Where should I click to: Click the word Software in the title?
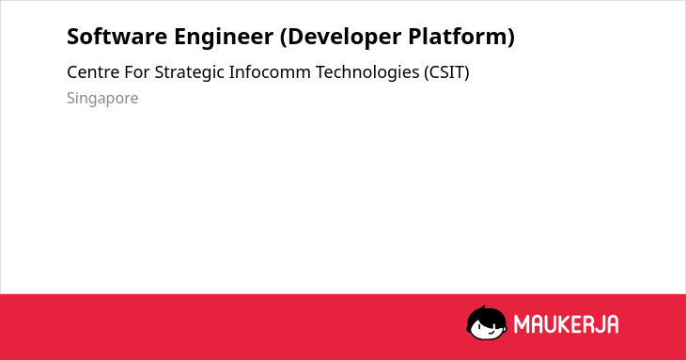point(117,37)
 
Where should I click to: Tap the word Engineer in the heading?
point(224,38)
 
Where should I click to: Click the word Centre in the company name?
point(93,72)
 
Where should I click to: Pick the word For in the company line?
point(137,72)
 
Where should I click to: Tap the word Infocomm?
point(270,72)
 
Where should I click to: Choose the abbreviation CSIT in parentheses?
point(446,72)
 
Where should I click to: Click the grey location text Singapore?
point(102,99)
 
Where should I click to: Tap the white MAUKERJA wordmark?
point(566,324)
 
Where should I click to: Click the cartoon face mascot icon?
point(487,323)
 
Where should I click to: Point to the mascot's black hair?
point(486,316)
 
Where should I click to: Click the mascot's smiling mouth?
point(491,333)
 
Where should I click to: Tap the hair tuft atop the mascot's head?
point(483,307)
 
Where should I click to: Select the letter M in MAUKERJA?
point(522,324)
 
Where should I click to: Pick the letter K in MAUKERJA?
point(566,324)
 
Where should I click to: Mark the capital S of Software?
point(72,37)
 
